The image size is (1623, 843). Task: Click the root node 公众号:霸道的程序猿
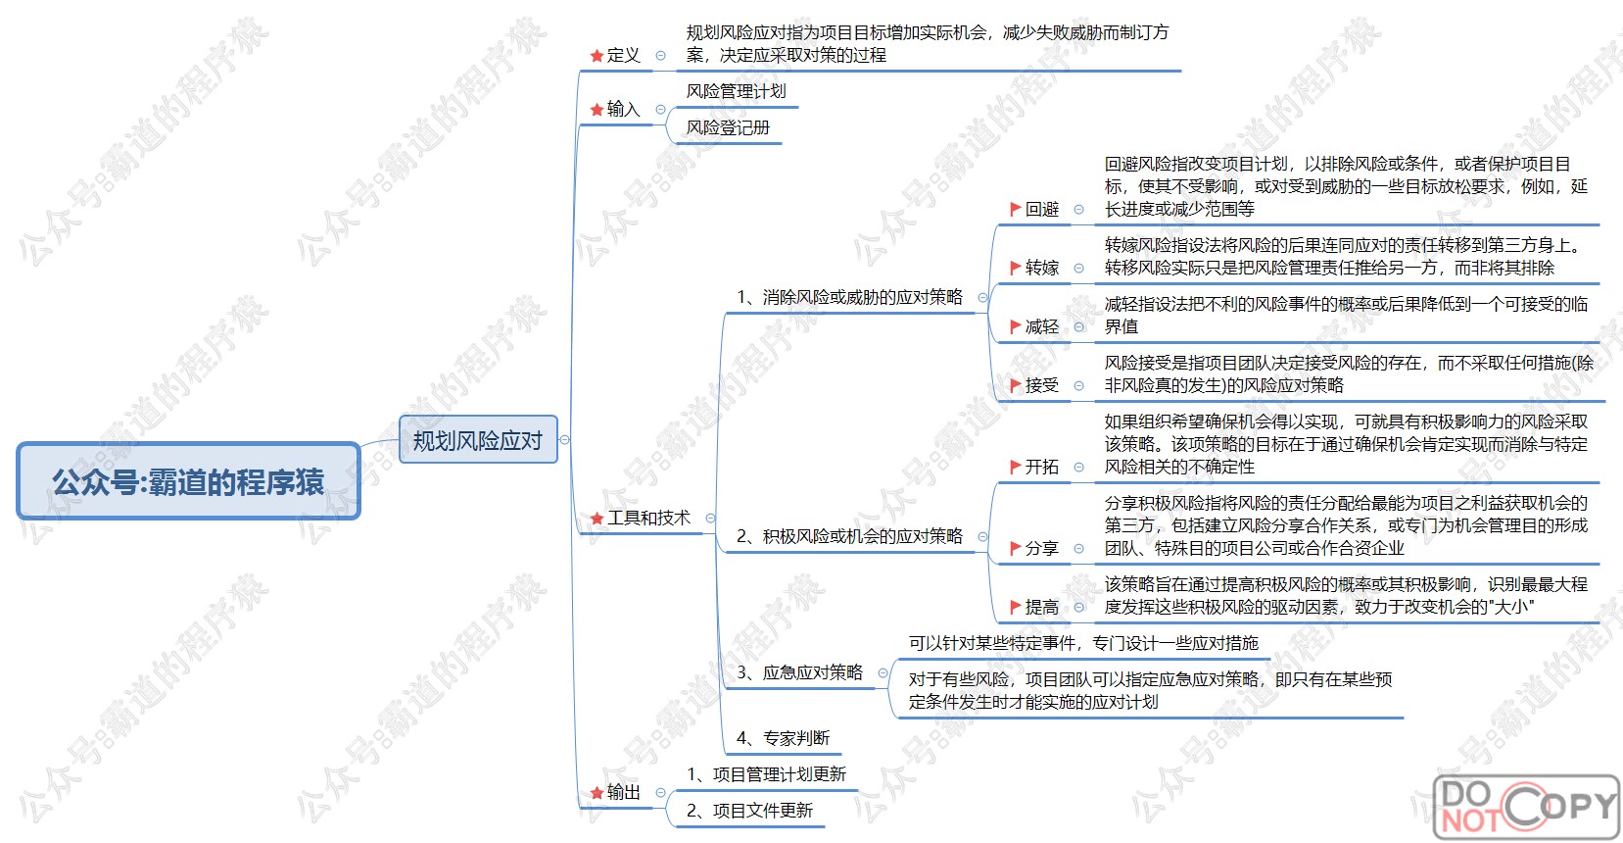tap(188, 481)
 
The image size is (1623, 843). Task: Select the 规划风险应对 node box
tap(478, 440)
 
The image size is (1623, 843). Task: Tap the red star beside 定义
tap(597, 56)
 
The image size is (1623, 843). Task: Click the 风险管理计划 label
tap(736, 91)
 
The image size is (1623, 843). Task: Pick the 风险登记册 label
tap(728, 127)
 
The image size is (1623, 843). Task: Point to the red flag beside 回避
tap(1016, 209)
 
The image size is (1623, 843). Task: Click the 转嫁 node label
tap(1042, 268)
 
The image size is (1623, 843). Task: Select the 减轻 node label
tap(1042, 326)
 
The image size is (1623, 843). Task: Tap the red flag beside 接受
tap(1016, 385)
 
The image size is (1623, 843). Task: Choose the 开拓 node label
tap(1042, 467)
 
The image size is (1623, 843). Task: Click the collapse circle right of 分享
tap(1079, 549)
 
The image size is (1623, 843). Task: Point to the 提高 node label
tap(1042, 607)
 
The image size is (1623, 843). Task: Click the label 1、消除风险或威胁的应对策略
tap(849, 297)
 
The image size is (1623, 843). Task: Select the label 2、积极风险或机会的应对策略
tap(849, 536)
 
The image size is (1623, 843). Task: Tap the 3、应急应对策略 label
tap(799, 672)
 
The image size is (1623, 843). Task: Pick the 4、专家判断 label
tap(783, 738)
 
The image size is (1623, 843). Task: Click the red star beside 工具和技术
tap(597, 519)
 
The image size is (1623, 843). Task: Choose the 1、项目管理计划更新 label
tap(766, 774)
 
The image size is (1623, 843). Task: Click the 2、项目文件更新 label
tap(749, 811)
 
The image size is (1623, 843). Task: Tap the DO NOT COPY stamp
tap(1526, 806)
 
